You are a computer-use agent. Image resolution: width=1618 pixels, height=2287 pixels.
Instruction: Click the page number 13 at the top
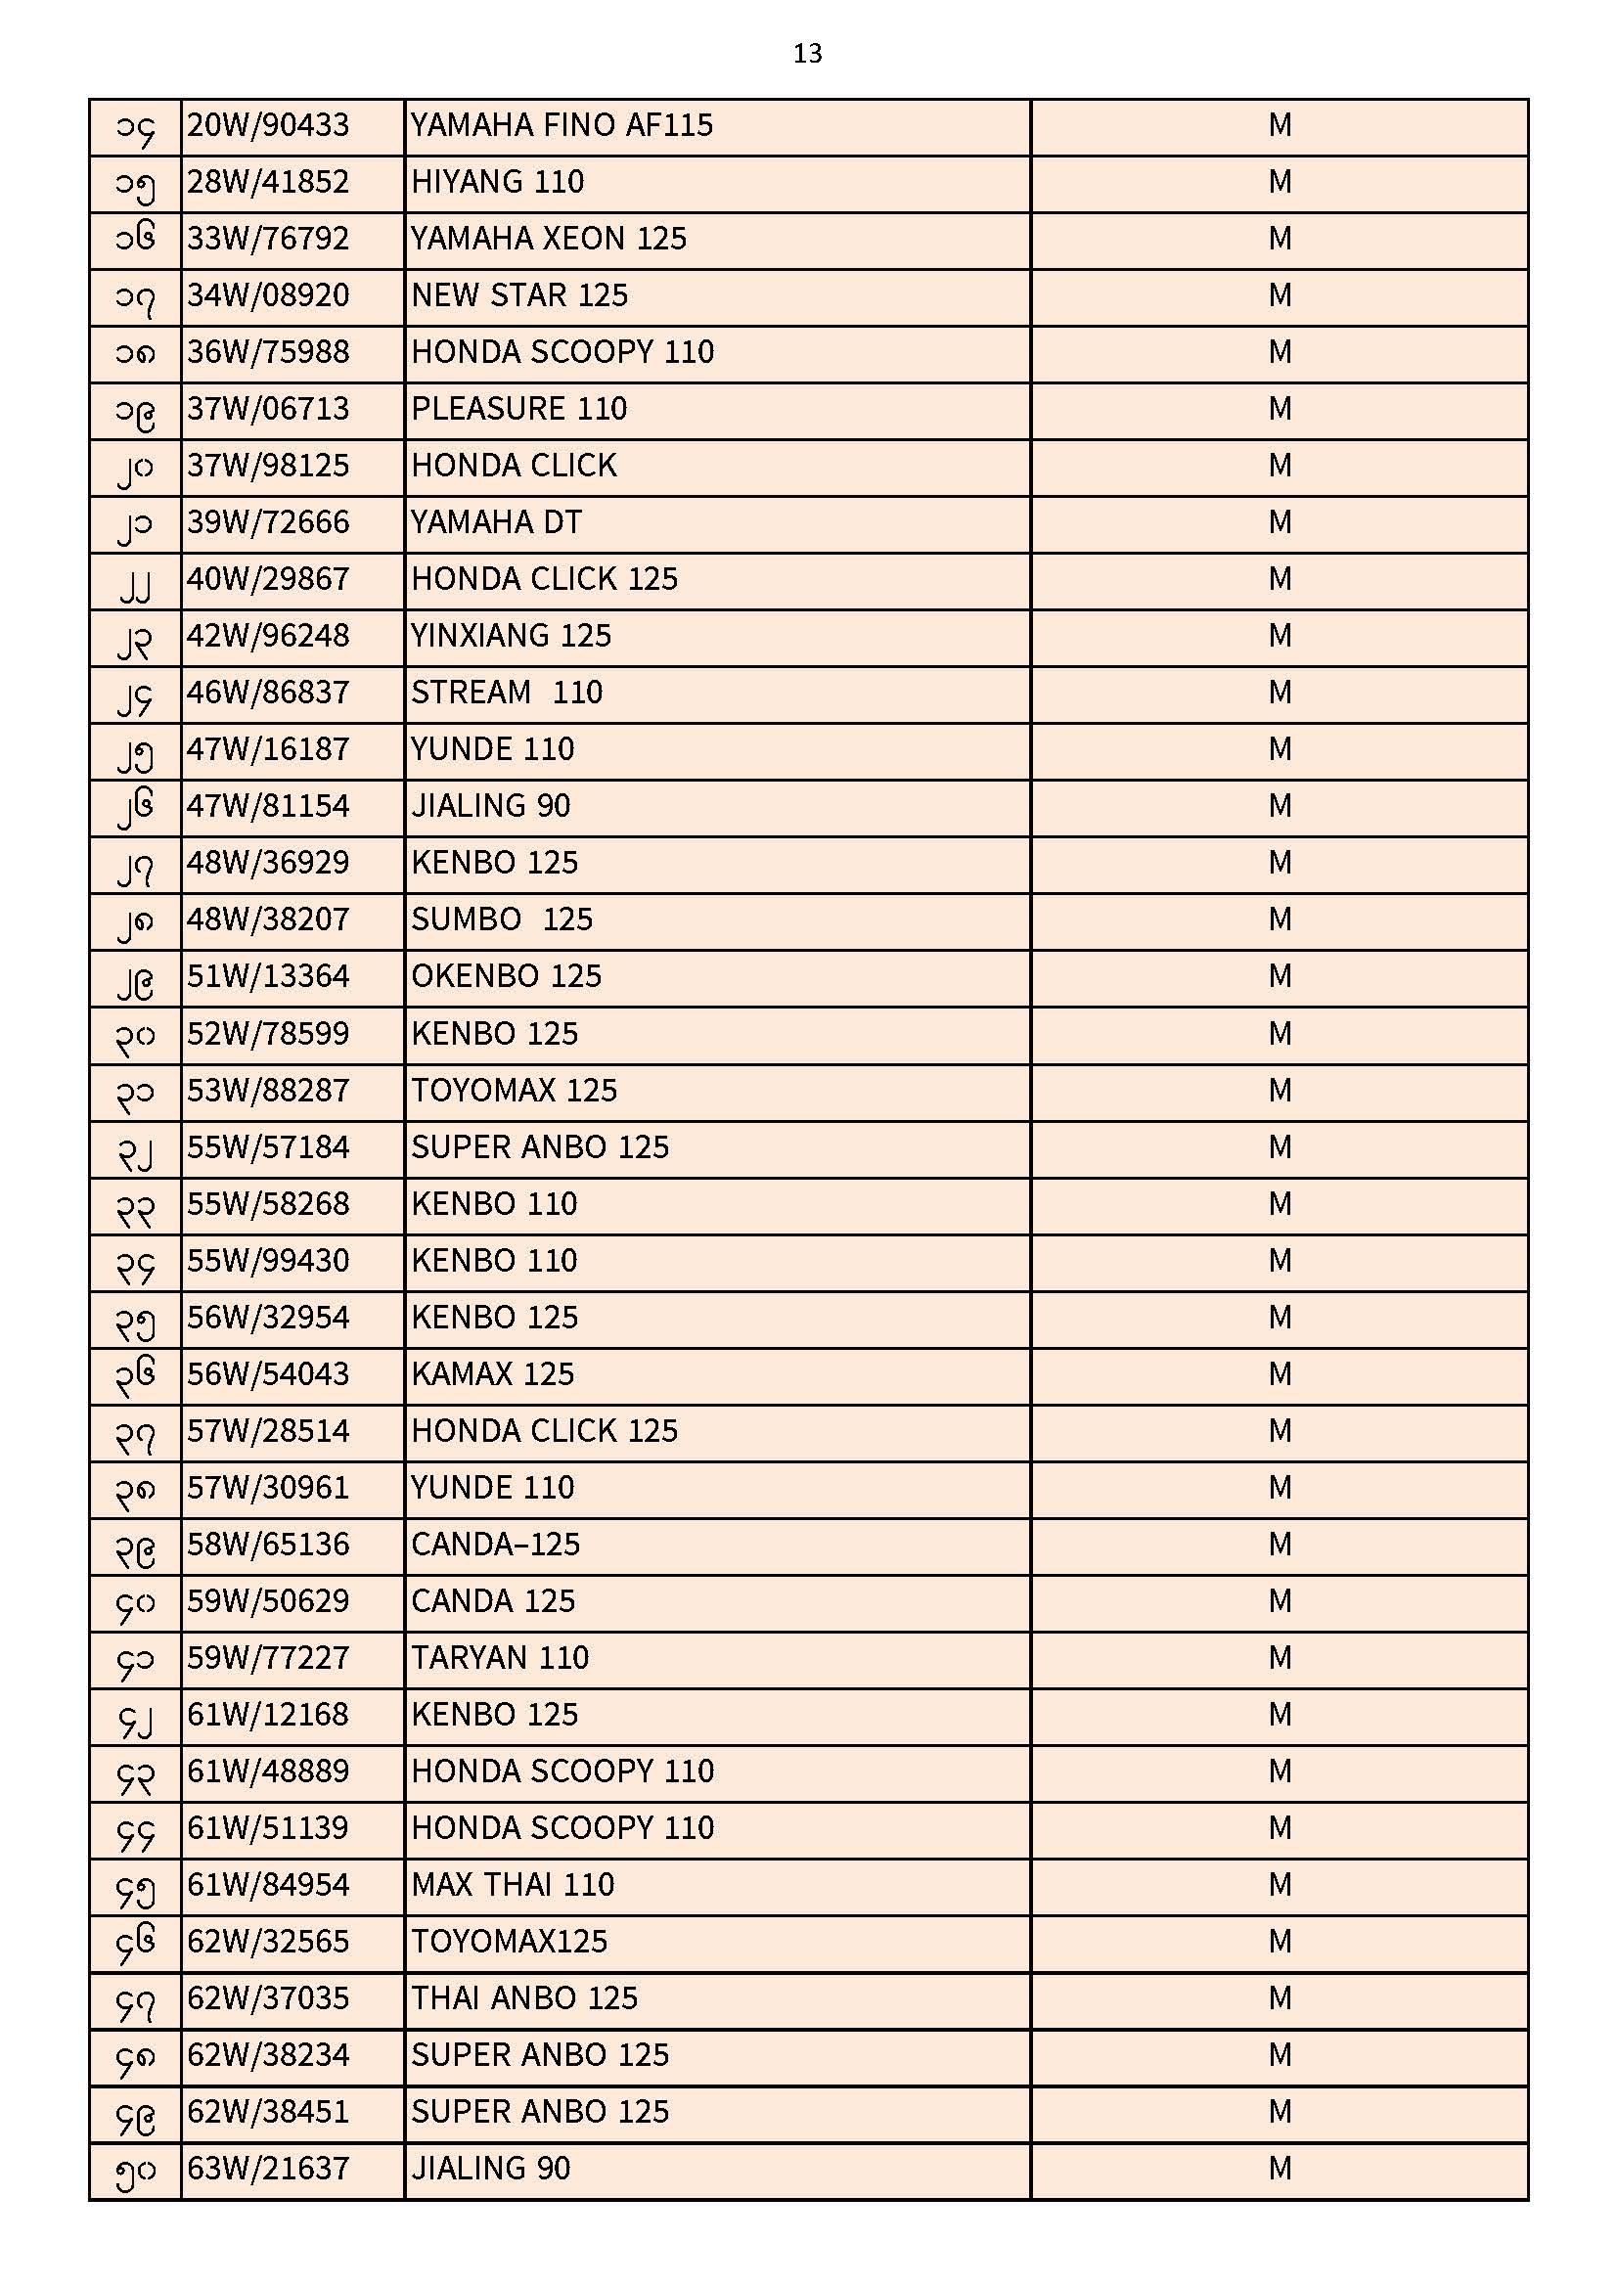tap(807, 54)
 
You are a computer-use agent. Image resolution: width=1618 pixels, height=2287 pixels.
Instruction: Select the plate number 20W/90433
tap(268, 125)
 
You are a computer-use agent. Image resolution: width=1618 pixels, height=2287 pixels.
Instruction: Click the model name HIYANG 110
tap(497, 182)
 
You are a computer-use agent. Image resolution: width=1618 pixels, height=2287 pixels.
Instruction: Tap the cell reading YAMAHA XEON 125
tap(548, 239)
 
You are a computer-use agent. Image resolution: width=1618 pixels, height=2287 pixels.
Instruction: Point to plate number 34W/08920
tap(268, 295)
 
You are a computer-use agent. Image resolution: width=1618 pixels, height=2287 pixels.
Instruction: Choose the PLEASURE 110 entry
tap(518, 410)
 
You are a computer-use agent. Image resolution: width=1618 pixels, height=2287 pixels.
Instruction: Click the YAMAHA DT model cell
tap(496, 523)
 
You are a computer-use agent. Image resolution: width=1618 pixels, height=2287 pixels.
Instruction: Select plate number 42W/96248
tap(268, 637)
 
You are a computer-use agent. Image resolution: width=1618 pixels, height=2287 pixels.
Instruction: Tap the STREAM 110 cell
tap(506, 694)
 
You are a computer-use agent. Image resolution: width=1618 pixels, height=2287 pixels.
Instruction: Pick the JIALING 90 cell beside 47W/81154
tap(490, 807)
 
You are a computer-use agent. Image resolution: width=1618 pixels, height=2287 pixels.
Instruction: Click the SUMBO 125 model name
tap(501, 920)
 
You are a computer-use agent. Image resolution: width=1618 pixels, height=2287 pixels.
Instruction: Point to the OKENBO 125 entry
tap(506, 977)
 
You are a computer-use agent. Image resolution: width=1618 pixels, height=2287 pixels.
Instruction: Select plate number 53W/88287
tap(268, 1092)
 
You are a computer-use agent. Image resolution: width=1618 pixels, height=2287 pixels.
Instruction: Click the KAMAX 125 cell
tap(492, 1375)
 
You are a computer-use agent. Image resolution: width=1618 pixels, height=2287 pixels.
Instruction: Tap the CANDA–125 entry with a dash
tap(495, 1546)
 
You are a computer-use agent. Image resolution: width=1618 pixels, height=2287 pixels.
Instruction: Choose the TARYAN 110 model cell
tap(499, 1659)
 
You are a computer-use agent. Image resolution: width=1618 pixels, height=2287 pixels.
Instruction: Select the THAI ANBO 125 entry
tap(524, 1999)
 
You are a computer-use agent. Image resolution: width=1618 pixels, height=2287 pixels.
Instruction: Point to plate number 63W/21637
tap(268, 2170)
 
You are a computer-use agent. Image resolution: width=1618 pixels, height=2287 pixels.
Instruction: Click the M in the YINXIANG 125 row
tap(1280, 637)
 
